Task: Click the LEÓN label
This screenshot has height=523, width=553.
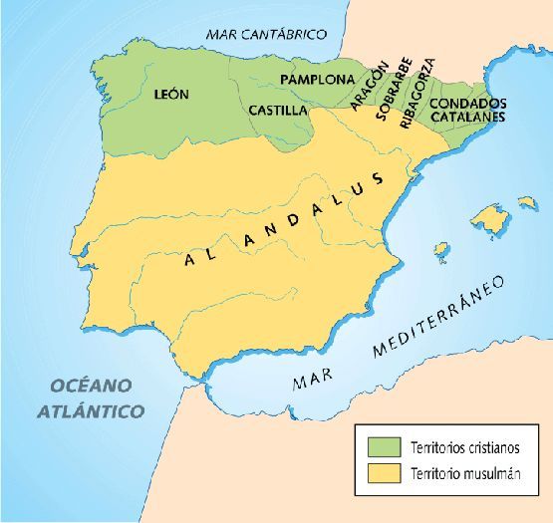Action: click(172, 95)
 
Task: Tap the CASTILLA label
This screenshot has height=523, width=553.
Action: click(278, 110)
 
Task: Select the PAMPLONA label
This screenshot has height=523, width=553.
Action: click(317, 79)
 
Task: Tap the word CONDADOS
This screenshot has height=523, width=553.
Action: click(468, 103)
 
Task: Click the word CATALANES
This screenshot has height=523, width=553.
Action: click(468, 117)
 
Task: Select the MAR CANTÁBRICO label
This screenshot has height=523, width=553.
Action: click(266, 34)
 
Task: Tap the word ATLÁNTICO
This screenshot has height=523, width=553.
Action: click(91, 410)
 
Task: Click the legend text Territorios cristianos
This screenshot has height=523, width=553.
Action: click(461, 443)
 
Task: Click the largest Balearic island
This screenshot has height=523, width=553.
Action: click(489, 216)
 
